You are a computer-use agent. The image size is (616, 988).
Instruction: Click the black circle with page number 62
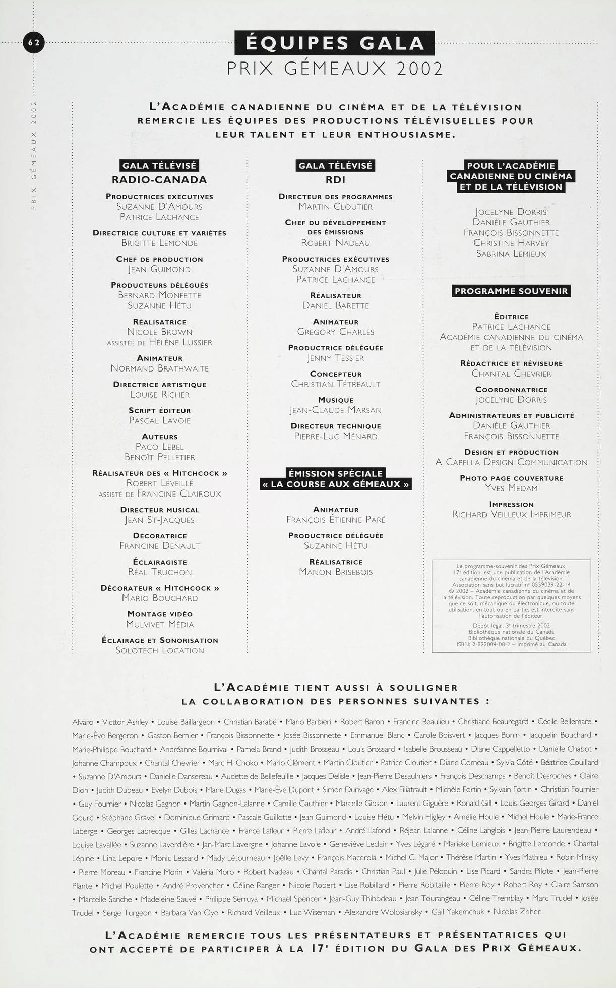click(34, 43)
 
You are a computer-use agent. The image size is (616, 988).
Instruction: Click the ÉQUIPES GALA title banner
click(335, 43)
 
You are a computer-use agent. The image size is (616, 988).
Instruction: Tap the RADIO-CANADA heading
click(159, 180)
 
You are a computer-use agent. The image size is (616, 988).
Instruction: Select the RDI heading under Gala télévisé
click(335, 180)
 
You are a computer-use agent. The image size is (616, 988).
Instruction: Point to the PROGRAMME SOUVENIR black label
click(511, 291)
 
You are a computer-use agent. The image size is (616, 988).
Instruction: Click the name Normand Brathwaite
click(159, 368)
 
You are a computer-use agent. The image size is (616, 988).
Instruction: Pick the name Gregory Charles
click(336, 332)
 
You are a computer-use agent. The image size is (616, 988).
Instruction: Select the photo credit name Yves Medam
click(511, 488)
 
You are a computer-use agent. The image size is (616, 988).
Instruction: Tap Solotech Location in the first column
click(160, 650)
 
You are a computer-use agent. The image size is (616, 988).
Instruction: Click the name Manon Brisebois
click(336, 572)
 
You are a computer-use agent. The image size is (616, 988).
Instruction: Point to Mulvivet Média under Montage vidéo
click(160, 624)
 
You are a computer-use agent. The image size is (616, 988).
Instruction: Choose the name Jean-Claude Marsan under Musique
click(336, 410)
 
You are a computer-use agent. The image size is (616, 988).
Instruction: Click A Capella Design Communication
click(511, 462)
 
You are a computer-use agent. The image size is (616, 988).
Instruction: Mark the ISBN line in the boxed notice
click(511, 644)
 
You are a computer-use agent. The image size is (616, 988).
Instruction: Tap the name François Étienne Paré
click(336, 520)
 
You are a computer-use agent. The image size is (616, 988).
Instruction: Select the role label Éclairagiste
click(160, 562)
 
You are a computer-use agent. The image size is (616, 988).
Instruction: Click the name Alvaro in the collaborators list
click(83, 722)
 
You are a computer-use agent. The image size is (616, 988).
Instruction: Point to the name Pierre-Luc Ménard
click(336, 436)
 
